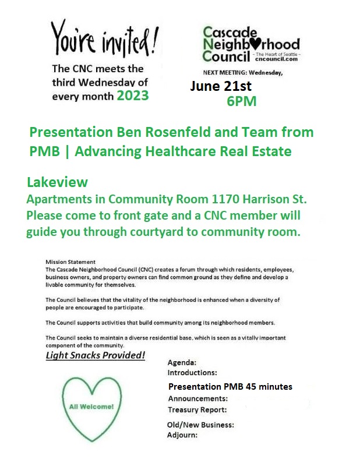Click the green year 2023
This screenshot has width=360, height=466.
click(x=133, y=96)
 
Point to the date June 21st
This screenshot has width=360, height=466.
click(x=221, y=86)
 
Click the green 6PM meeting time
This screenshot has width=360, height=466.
click(x=242, y=101)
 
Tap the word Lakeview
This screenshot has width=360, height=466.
click(x=57, y=183)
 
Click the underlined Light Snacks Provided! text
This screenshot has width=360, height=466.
click(x=96, y=355)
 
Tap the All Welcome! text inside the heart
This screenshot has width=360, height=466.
click(x=92, y=406)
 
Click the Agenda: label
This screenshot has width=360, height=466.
click(x=182, y=362)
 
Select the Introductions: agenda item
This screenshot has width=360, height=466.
click(x=192, y=372)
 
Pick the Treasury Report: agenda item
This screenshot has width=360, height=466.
click(x=196, y=409)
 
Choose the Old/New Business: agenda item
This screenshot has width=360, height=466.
click(x=200, y=425)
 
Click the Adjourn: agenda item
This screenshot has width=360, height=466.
click(x=182, y=435)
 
